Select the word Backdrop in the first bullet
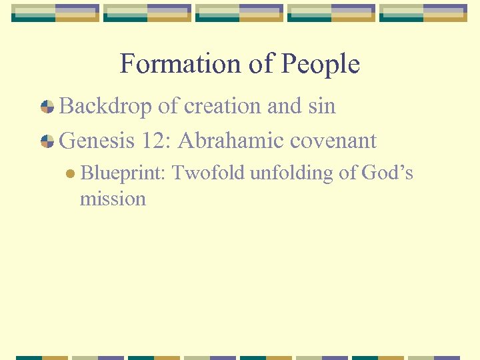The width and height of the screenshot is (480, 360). [x=106, y=106]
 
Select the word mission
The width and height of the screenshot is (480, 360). [x=113, y=198]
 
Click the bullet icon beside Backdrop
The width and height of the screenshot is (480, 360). [x=47, y=107]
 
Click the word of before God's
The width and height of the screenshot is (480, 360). [x=349, y=173]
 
